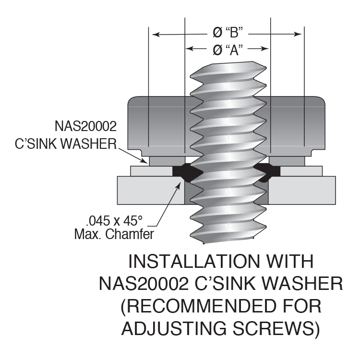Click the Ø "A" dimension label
226,49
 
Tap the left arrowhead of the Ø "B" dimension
154,34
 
